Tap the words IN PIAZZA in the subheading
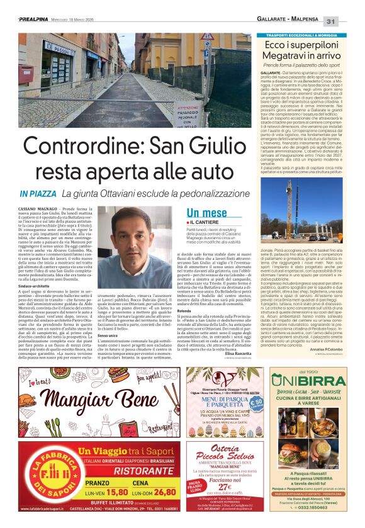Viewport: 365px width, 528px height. [38, 194]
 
